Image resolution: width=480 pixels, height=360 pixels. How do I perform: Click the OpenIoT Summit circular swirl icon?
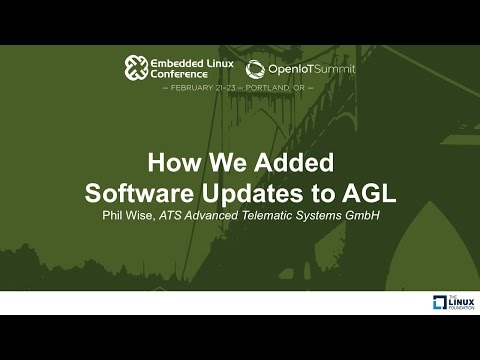(256, 68)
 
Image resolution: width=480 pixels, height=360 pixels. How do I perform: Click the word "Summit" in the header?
(338, 67)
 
